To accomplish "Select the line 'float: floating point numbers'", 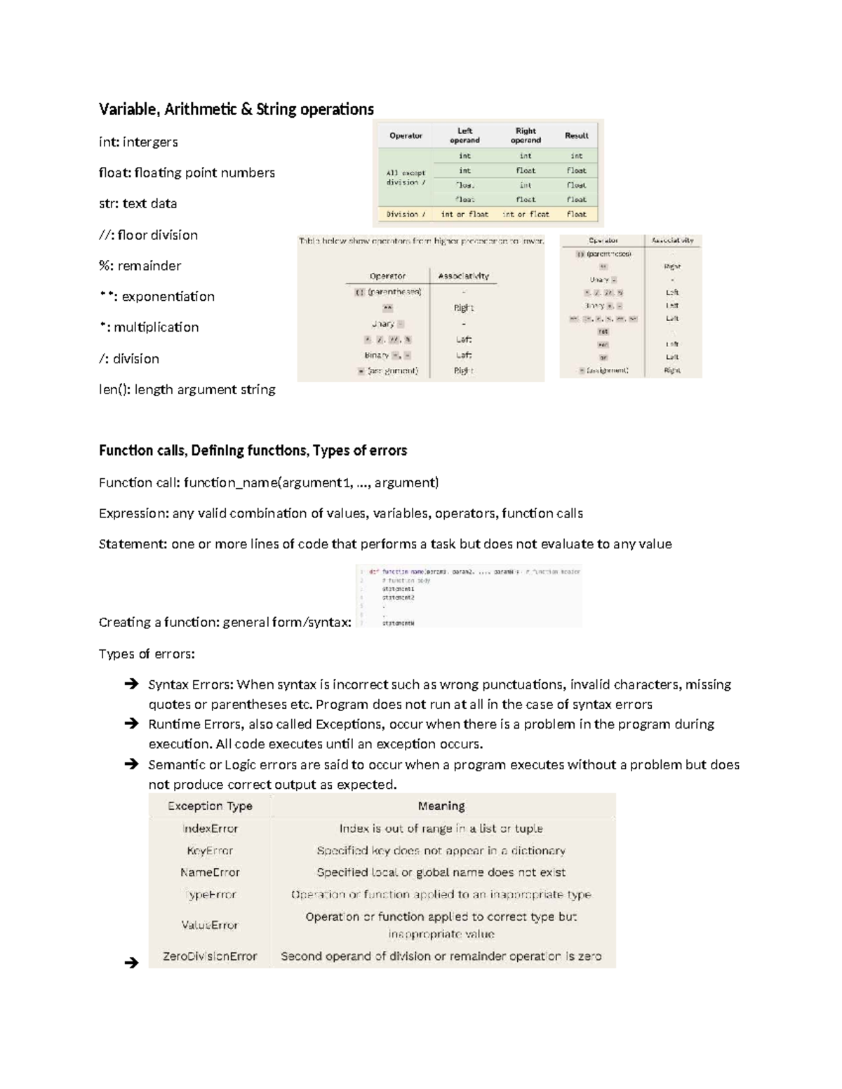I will pos(187,173).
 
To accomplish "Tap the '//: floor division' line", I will pos(148,235).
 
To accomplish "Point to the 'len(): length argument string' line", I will pos(187,389).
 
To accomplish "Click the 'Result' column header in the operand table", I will pos(576,135).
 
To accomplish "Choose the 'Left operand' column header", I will pos(465,135).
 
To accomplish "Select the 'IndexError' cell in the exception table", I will pos(210,828).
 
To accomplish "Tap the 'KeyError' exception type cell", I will pos(210,851).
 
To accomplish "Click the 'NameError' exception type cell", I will pos(210,872).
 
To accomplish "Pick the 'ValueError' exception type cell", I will pos(210,925).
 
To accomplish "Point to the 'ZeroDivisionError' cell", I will pos(210,956).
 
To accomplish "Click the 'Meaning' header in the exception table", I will pos(441,806).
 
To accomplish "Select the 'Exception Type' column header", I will pos(210,806).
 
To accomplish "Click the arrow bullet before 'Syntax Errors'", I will pos(131,684).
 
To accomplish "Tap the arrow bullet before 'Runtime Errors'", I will pos(131,724).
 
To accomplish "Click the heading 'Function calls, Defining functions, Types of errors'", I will pos(253,450).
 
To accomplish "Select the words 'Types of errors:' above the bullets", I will pos(147,654).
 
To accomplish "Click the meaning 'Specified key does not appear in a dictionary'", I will pos(441,851).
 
